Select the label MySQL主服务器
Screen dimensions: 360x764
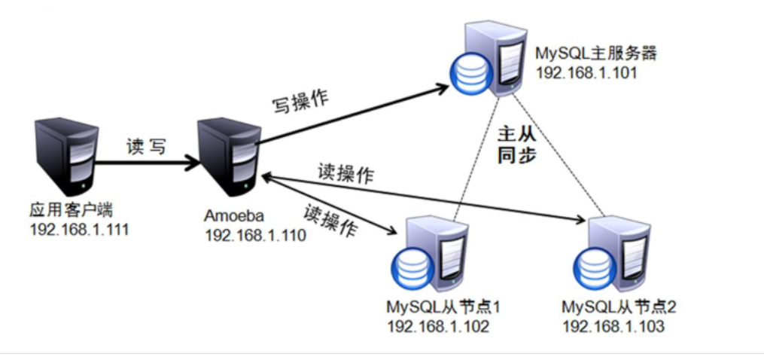pos(586,54)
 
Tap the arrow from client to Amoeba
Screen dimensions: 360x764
pos(143,161)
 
